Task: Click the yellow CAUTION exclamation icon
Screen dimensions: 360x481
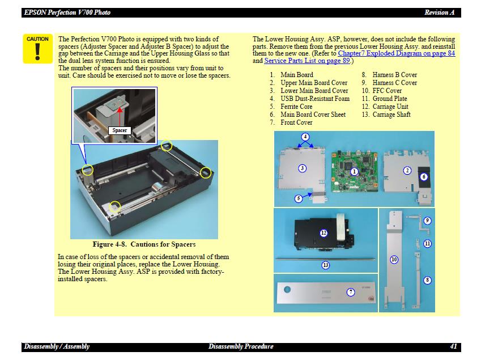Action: [37, 49]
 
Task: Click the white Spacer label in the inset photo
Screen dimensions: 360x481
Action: [120, 130]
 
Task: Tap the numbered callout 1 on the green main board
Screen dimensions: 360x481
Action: [354, 171]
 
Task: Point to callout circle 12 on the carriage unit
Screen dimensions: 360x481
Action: [323, 233]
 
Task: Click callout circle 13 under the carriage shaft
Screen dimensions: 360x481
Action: [325, 265]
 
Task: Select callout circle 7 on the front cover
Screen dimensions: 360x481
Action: [351, 292]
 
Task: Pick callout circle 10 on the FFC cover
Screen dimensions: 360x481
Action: [394, 259]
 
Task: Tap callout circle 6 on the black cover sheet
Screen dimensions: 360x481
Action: [424, 176]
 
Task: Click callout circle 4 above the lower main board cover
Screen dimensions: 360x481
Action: [305, 137]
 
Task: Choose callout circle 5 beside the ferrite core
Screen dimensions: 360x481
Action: [299, 198]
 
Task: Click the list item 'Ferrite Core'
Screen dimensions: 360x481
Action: [296, 107]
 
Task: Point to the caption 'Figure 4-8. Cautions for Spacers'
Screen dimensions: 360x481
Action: [144, 244]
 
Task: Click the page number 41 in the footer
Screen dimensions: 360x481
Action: [453, 346]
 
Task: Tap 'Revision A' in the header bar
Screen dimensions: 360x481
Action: [439, 12]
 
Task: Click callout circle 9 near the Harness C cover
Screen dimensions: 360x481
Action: [428, 221]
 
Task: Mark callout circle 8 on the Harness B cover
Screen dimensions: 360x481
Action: [427, 280]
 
